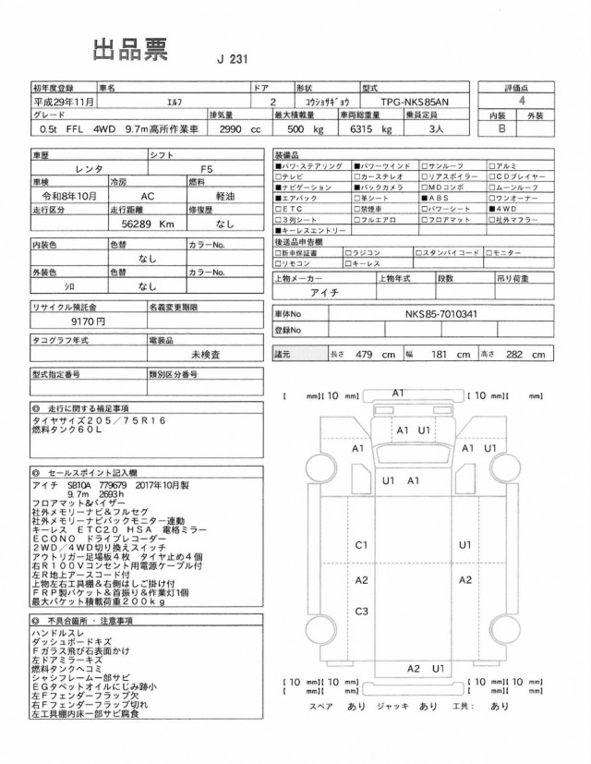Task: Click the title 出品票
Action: [129, 51]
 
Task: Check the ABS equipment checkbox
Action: [424, 198]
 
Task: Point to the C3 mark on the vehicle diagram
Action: [362, 612]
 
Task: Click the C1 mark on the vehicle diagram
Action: [362, 545]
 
